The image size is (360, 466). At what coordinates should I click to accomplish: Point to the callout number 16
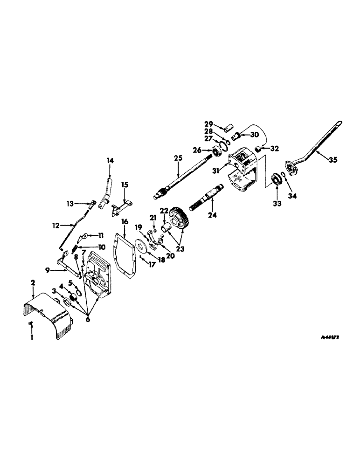click(x=125, y=220)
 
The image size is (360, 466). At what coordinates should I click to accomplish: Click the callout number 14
click(x=110, y=161)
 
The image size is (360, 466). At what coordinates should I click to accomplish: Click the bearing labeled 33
click(x=277, y=179)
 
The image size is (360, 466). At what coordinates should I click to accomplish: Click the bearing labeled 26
click(x=217, y=150)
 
